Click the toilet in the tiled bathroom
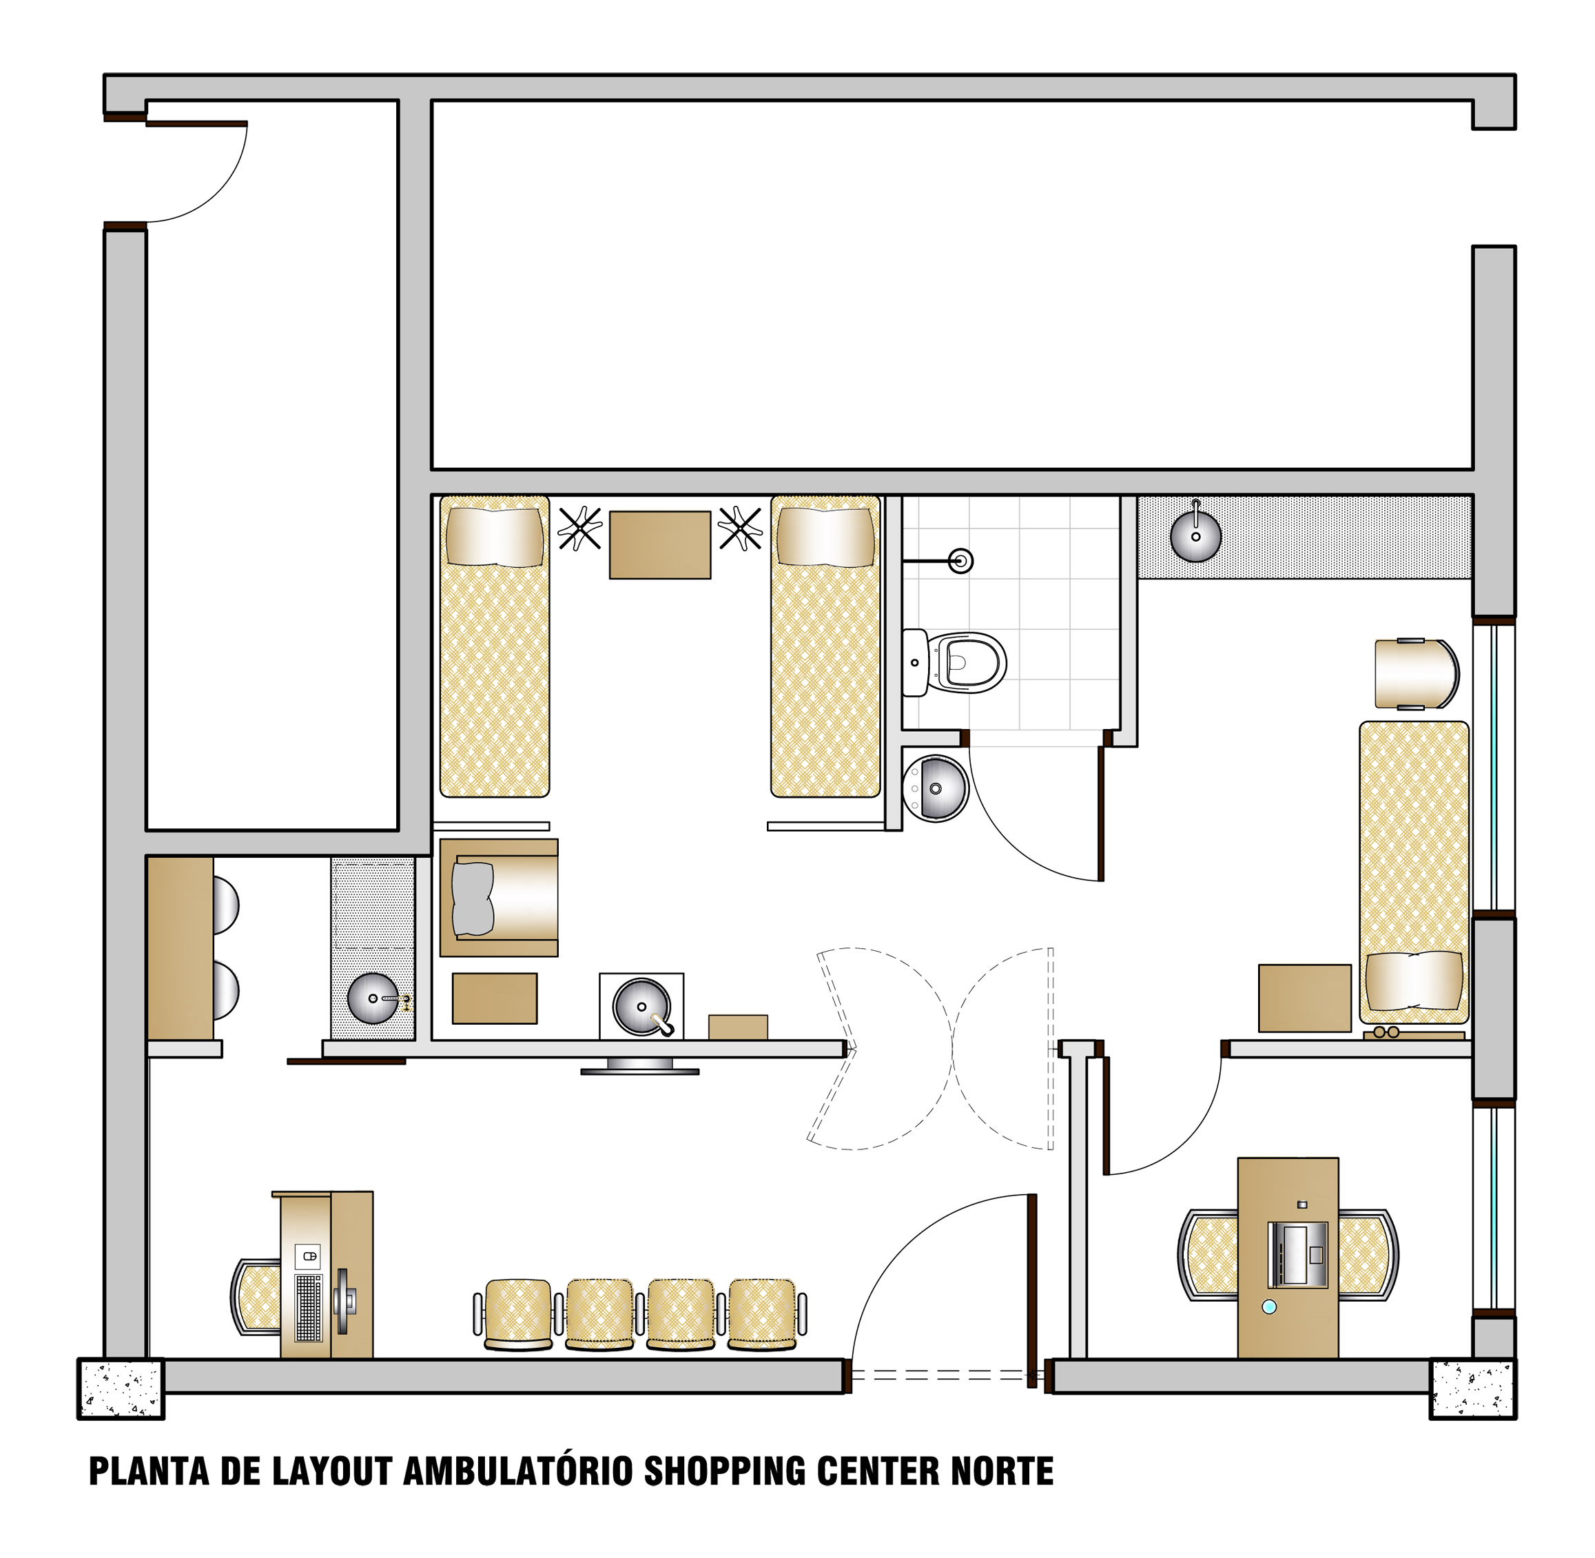point(954,663)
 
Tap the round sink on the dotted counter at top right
point(1195,536)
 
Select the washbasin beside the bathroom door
point(936,788)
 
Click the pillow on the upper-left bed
point(494,537)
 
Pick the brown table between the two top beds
point(659,545)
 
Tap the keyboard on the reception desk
point(309,1308)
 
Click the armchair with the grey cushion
point(498,898)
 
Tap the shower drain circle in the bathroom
point(960,562)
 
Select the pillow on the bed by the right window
point(1414,981)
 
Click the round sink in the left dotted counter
point(373,998)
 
